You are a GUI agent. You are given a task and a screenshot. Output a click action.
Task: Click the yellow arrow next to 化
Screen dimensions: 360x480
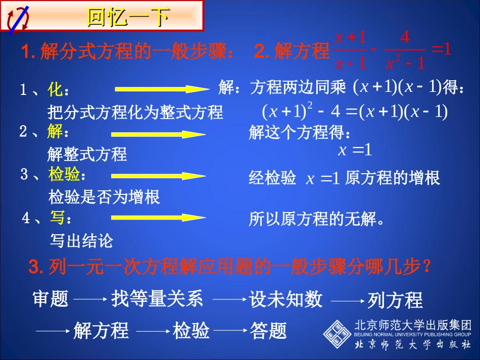(161, 89)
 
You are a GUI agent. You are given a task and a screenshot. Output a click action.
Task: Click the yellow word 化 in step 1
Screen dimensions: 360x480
(56, 90)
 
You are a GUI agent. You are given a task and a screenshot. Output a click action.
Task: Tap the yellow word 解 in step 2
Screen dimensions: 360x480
(56, 132)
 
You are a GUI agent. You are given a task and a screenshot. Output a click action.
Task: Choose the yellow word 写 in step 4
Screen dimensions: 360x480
(57, 218)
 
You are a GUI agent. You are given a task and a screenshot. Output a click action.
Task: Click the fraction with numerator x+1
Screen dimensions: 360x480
(350, 50)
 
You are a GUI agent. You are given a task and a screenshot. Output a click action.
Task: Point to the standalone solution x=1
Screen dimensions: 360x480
(355, 149)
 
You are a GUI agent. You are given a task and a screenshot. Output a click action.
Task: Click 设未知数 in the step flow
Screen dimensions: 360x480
(285, 299)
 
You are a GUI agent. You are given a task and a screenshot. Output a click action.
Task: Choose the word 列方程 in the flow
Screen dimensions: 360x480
(395, 300)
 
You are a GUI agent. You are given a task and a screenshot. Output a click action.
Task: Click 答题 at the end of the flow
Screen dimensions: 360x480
(268, 331)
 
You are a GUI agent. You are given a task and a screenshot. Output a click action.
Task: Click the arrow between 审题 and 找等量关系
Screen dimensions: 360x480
(89, 299)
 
